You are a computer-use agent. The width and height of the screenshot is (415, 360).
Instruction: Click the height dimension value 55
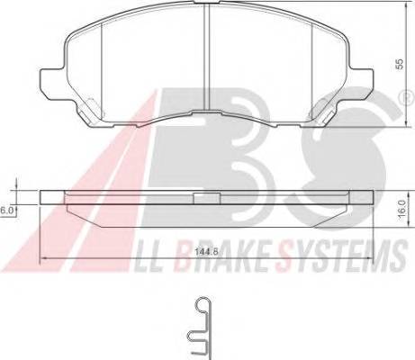coord(399,66)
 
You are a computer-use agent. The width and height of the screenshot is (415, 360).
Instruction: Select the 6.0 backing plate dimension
coord(7,208)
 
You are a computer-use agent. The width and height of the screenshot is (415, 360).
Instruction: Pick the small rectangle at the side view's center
coord(208,193)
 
